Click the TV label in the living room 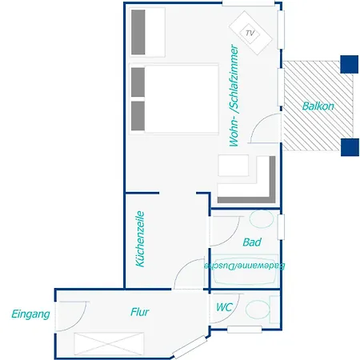pos(250,33)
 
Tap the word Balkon pos(318,106)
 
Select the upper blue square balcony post pos(349,63)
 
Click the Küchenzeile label pos(139,238)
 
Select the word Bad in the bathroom pos(251,242)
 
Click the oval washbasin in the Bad pos(260,220)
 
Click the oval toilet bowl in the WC pos(257,309)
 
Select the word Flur pos(139,312)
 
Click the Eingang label pos(30,314)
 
